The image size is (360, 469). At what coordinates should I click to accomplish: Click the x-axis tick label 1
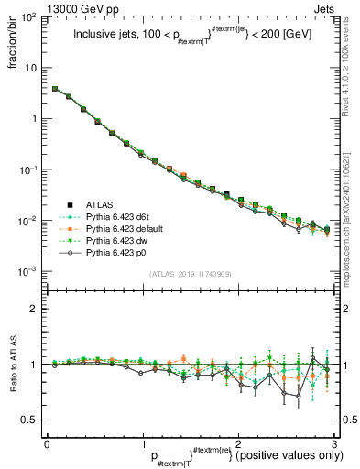click(x=142, y=442)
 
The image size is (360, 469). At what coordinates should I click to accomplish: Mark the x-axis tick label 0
click(x=47, y=442)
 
